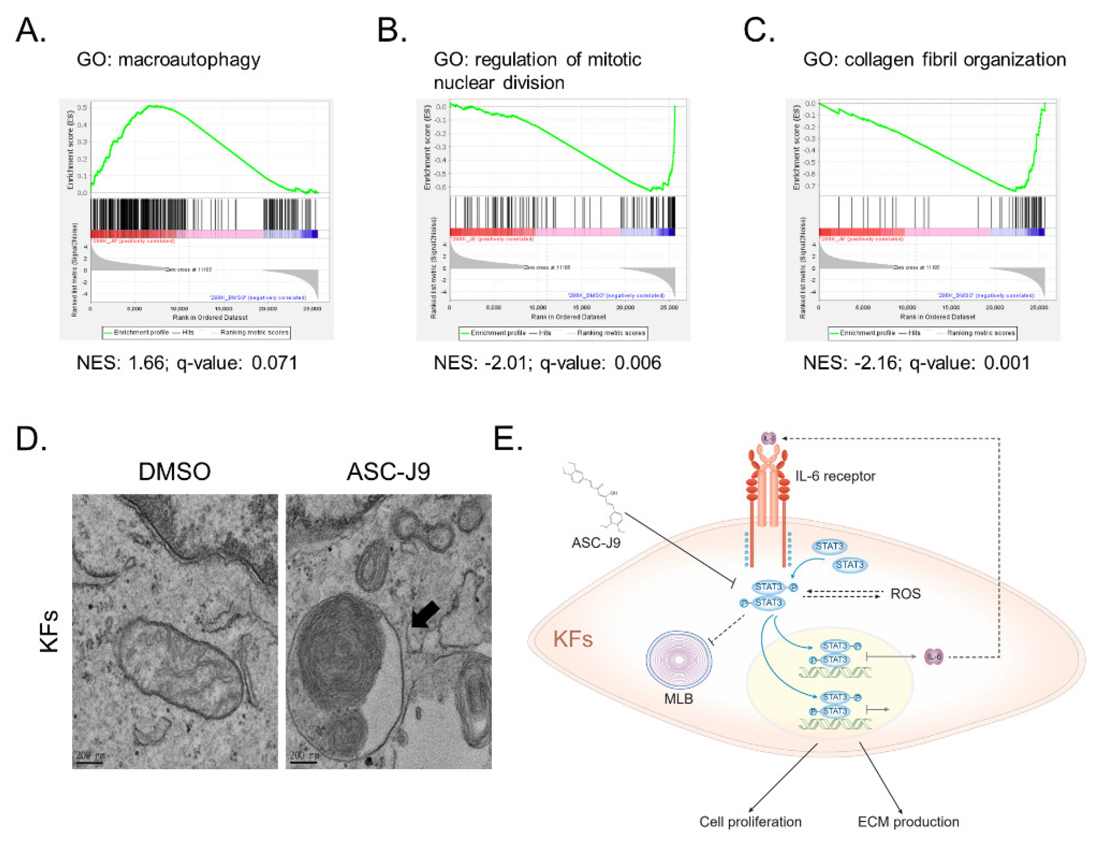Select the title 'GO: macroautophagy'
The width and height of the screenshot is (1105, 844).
[x=168, y=60]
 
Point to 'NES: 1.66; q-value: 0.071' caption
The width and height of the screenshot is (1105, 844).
[x=187, y=363]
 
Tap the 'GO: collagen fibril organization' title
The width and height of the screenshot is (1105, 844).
[x=934, y=60]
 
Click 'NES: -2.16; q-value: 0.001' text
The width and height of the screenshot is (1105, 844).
[x=916, y=363]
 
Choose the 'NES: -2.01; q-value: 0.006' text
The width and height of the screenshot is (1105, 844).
[x=547, y=363]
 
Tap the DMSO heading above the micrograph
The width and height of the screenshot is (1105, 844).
[x=174, y=472]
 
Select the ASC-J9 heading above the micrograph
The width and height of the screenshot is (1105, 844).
[x=388, y=472]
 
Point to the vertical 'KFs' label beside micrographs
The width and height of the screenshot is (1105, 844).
[x=49, y=631]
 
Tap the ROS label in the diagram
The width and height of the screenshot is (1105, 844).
[x=905, y=594]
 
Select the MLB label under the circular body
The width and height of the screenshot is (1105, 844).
[x=678, y=699]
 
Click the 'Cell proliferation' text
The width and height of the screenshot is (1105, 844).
[x=750, y=822]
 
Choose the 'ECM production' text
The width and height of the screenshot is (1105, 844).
[x=908, y=822]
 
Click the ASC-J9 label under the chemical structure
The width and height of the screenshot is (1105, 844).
[x=596, y=543]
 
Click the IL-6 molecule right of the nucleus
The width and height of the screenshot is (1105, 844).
[x=933, y=657]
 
